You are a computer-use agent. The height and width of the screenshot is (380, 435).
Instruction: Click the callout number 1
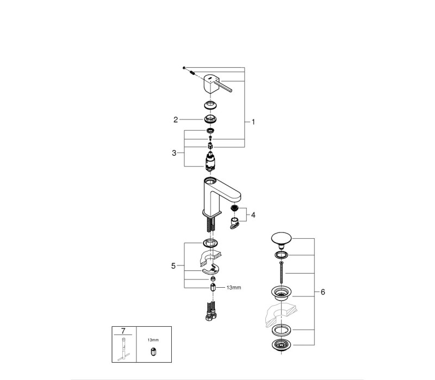click(253, 122)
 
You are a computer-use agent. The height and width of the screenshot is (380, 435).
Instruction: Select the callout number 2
click(176, 119)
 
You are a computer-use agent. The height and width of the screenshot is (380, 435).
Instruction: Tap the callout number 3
click(174, 153)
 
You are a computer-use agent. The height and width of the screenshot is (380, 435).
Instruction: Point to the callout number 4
click(253, 215)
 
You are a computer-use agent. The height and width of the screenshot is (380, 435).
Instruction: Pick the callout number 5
click(173, 266)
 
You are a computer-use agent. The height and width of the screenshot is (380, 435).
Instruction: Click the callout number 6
click(322, 292)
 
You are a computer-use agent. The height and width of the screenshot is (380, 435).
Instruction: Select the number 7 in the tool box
click(123, 331)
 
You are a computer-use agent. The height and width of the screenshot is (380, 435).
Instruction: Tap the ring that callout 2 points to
click(210, 119)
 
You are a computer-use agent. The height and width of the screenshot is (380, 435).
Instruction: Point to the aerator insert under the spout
click(235, 208)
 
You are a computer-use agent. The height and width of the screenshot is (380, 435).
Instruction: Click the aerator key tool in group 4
click(234, 223)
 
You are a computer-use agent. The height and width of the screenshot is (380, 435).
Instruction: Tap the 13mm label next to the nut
click(234, 288)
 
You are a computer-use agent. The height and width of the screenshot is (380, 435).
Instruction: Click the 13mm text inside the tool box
click(153, 340)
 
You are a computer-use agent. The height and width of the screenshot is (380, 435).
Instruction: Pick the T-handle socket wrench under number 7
click(123, 349)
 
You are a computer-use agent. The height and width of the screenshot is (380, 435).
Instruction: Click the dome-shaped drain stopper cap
click(281, 240)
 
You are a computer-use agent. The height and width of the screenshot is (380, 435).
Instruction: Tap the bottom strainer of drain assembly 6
click(281, 345)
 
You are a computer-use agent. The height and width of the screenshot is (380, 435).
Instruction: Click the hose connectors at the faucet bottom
click(211, 312)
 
